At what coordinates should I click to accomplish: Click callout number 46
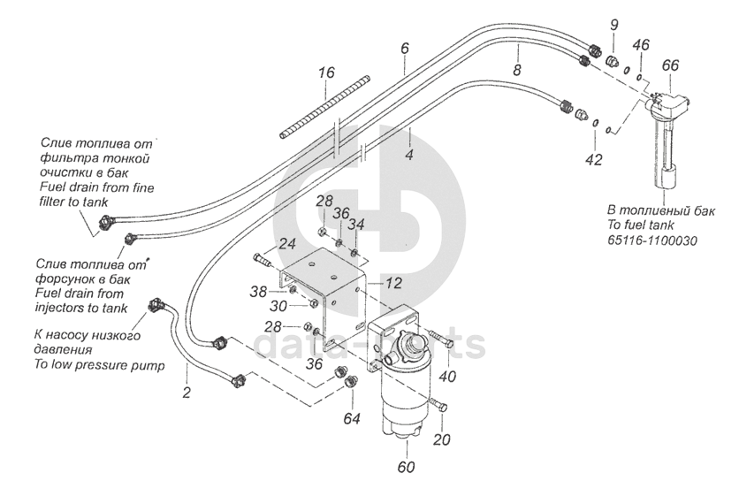pyautogui.click(x=642, y=43)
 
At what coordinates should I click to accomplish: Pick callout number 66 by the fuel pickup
pyautogui.click(x=671, y=65)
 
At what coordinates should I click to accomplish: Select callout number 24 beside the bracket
pyautogui.click(x=288, y=244)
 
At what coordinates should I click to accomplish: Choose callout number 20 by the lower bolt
pyautogui.click(x=441, y=440)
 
